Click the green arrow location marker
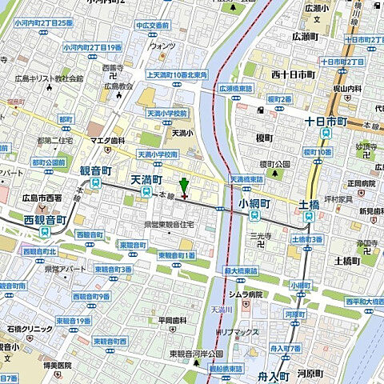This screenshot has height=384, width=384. (x=184, y=186)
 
